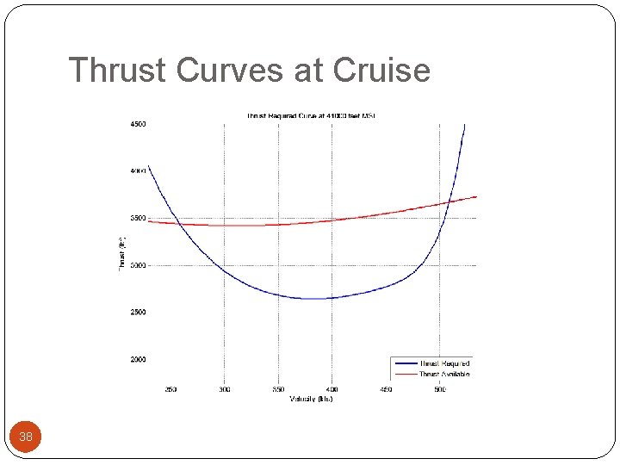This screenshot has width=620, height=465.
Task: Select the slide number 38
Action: tap(26, 437)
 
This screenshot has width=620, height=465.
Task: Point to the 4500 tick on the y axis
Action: tap(138, 124)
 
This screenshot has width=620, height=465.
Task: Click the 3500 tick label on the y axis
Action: tap(138, 218)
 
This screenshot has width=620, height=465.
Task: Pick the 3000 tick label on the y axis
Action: tap(138, 265)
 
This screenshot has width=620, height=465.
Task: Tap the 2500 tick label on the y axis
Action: tap(138, 312)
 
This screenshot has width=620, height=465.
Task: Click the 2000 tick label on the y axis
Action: tap(138, 359)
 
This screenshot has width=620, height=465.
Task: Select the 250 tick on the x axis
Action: tap(170, 389)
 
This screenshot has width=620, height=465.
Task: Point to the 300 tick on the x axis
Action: tap(224, 389)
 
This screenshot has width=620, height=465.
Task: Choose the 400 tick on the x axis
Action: tap(332, 389)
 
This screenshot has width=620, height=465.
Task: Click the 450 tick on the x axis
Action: tap(386, 389)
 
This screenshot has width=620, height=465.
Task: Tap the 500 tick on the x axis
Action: tap(440, 389)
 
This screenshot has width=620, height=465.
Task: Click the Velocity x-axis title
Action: tap(311, 399)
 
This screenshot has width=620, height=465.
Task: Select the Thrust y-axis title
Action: tap(121, 254)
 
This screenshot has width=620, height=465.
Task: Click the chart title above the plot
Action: tap(311, 115)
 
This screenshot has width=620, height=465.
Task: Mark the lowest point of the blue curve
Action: tap(319, 299)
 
